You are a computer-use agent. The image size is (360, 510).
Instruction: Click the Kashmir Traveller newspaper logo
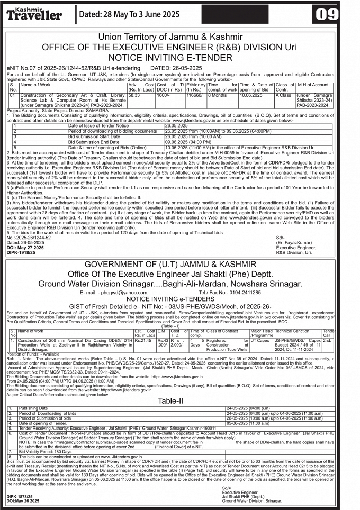point(35,14)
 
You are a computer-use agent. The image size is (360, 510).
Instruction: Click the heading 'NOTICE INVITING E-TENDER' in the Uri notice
point(179,58)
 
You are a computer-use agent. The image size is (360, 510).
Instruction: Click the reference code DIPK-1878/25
point(20,496)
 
